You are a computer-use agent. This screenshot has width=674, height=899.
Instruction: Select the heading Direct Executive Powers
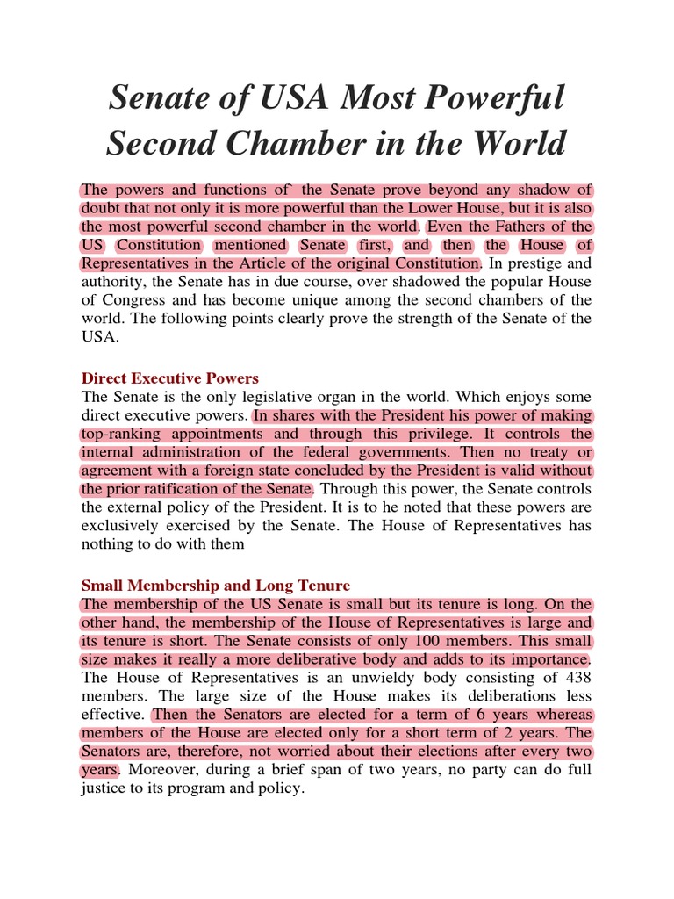pyautogui.click(x=169, y=378)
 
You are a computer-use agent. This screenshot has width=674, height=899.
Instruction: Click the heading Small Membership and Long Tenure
pyautogui.click(x=215, y=585)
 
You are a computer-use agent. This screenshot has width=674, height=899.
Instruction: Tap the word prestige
pyautogui.click(x=542, y=263)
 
